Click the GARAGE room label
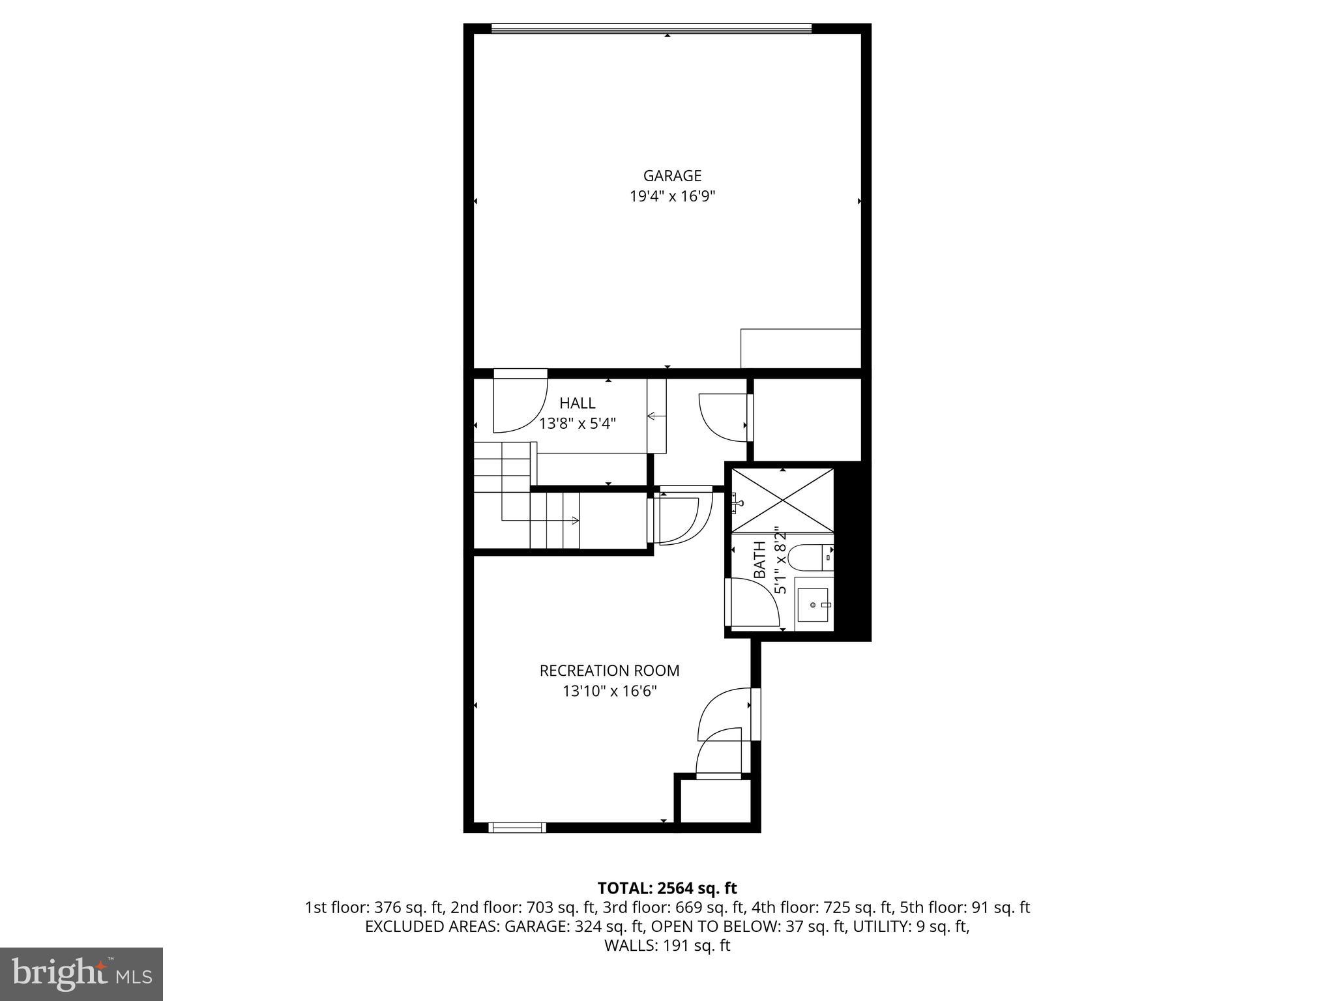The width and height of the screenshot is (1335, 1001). (x=672, y=176)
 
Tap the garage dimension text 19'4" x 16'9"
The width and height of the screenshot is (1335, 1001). (x=672, y=197)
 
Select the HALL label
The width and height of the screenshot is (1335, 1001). (x=577, y=403)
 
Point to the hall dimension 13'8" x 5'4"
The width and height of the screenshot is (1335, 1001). (x=577, y=424)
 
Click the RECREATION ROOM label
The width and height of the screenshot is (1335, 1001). (x=609, y=671)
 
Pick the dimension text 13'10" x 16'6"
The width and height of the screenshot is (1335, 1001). (x=609, y=691)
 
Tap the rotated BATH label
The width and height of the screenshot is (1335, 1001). (x=760, y=560)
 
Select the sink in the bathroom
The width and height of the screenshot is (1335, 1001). (x=814, y=604)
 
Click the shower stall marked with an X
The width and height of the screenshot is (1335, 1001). (x=782, y=500)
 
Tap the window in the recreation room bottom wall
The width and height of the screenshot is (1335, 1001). (x=517, y=828)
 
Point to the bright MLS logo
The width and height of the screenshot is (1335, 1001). (x=81, y=974)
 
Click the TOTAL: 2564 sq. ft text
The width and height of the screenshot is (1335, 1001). (x=667, y=888)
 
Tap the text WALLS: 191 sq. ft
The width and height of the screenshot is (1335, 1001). (x=667, y=946)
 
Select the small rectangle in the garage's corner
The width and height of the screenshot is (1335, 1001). (x=800, y=349)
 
